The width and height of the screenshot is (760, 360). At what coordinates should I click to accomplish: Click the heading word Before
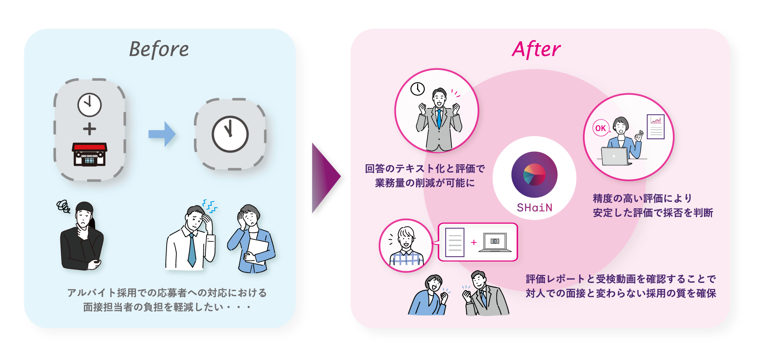(159, 50)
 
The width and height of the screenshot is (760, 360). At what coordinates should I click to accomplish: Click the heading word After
(536, 50)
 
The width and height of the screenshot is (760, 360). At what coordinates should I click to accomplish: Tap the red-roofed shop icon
(90, 154)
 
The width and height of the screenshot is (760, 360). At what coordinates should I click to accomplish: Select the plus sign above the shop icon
(90, 129)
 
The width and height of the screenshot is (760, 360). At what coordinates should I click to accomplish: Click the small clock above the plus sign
(90, 105)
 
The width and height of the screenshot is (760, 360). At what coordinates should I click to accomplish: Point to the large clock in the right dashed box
(230, 134)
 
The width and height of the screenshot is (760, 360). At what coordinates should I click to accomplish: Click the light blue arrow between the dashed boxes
(162, 134)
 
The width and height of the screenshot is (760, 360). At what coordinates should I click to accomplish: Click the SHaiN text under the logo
(535, 208)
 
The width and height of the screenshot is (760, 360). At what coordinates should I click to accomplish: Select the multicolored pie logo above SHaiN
(535, 175)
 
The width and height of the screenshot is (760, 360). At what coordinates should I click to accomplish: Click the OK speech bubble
(600, 128)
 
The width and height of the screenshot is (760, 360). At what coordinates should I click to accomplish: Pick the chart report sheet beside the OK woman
(656, 126)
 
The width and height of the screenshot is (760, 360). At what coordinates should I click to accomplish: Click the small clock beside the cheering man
(418, 89)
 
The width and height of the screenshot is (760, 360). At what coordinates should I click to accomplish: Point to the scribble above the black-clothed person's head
(63, 206)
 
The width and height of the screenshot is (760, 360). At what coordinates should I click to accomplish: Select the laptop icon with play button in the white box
(495, 242)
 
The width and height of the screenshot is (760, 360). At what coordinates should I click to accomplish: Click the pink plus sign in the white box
(474, 242)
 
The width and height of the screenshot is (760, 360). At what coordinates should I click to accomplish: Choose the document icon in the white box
(455, 242)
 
